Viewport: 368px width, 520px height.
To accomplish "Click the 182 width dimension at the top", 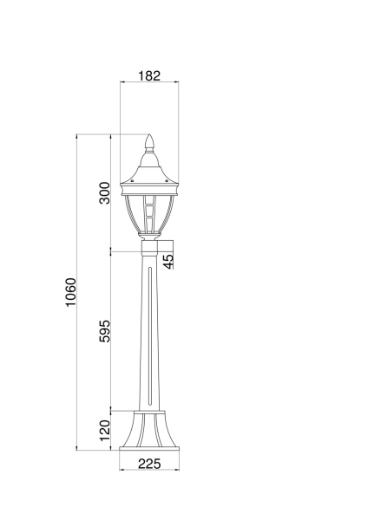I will click(x=149, y=76).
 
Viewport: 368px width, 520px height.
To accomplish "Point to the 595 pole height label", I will click(x=105, y=333).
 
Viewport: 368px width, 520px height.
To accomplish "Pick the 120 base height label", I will click(x=105, y=429).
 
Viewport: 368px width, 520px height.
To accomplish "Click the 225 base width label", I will click(x=150, y=464).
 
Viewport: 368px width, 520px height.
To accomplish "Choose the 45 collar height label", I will click(x=168, y=259).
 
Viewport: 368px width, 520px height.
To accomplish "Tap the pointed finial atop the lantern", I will click(x=149, y=141).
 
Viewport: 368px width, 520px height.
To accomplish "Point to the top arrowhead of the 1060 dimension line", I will click(x=78, y=137).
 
